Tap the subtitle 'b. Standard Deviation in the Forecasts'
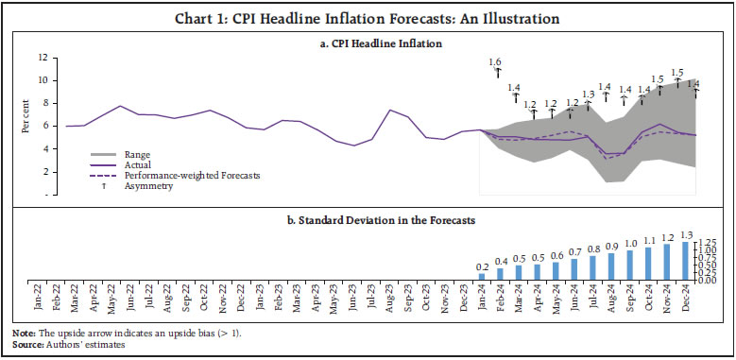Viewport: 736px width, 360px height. point(368,219)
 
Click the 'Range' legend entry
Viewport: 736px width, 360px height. point(137,154)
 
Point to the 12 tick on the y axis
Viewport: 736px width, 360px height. point(42,57)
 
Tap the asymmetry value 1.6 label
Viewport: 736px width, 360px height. point(495,62)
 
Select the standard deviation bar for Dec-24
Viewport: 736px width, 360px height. point(684,261)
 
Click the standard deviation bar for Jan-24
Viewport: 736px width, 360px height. point(482,277)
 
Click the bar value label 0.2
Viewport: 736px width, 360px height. point(482,267)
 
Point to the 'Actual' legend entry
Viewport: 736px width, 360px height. point(138,165)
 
